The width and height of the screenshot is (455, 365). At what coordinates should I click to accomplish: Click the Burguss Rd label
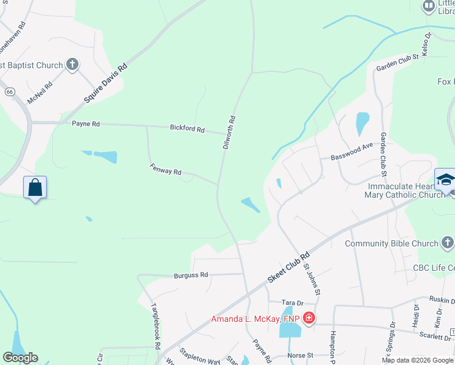click(190, 275)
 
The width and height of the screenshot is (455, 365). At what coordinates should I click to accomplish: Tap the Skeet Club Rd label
click(290, 267)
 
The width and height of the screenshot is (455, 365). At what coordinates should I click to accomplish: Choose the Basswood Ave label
click(352, 152)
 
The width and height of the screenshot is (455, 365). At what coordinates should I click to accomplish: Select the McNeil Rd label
click(40, 91)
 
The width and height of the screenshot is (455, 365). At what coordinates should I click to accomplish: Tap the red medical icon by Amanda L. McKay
click(309, 318)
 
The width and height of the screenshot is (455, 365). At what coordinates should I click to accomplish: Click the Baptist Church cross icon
click(72, 64)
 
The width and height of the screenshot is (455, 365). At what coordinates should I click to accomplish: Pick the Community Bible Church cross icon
click(448, 243)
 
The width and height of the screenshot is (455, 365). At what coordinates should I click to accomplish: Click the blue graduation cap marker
click(446, 179)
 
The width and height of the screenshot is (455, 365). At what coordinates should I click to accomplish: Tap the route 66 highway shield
click(10, 91)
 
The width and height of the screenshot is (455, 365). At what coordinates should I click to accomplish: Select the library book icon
click(429, 6)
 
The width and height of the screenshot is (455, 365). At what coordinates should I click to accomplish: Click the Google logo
click(20, 358)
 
